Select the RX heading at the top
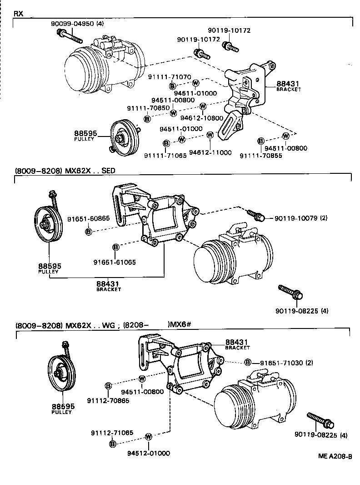[x=19, y=14]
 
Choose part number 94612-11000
[x=210, y=152]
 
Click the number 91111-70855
[x=264, y=156]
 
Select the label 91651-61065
[x=115, y=262]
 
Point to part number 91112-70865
[x=108, y=401]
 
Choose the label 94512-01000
[x=148, y=453]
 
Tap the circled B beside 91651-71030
[x=248, y=362]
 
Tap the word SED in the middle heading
[x=109, y=171]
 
